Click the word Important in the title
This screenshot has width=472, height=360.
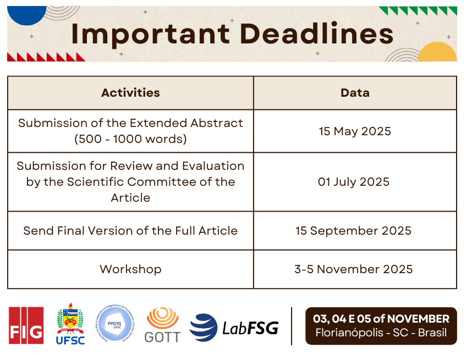point(151,34)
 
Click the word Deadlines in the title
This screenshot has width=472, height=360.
point(317,33)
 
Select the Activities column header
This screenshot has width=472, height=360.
point(130,93)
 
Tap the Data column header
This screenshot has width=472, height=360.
point(355,93)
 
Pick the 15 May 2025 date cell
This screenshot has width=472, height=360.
point(355,131)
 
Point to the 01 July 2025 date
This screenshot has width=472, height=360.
point(354,182)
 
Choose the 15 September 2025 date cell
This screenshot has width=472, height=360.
point(353,231)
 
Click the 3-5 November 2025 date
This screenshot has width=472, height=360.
point(353,269)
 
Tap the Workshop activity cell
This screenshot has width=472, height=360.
point(130,269)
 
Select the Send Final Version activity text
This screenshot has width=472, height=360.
point(130,231)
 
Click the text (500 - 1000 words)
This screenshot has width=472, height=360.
point(130,139)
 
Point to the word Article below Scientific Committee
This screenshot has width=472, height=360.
point(130,198)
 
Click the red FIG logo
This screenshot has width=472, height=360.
point(26,325)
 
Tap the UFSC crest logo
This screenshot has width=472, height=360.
point(70,324)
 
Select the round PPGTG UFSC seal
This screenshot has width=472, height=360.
point(116,323)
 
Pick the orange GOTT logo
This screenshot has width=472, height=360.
point(162,325)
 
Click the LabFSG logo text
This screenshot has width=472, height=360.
point(250,328)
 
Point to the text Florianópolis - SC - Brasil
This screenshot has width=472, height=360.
point(381,333)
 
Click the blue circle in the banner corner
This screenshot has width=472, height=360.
point(27,15)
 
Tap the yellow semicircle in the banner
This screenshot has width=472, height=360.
point(437,52)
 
